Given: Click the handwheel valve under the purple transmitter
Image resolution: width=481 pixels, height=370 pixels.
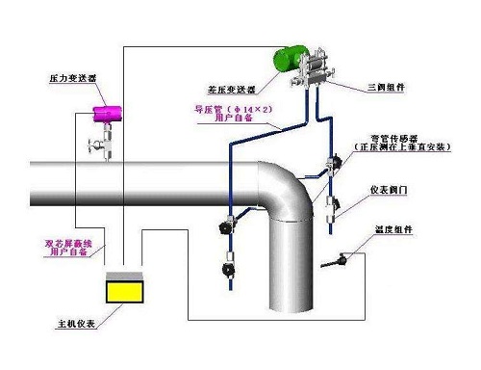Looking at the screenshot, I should (x=93, y=146).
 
